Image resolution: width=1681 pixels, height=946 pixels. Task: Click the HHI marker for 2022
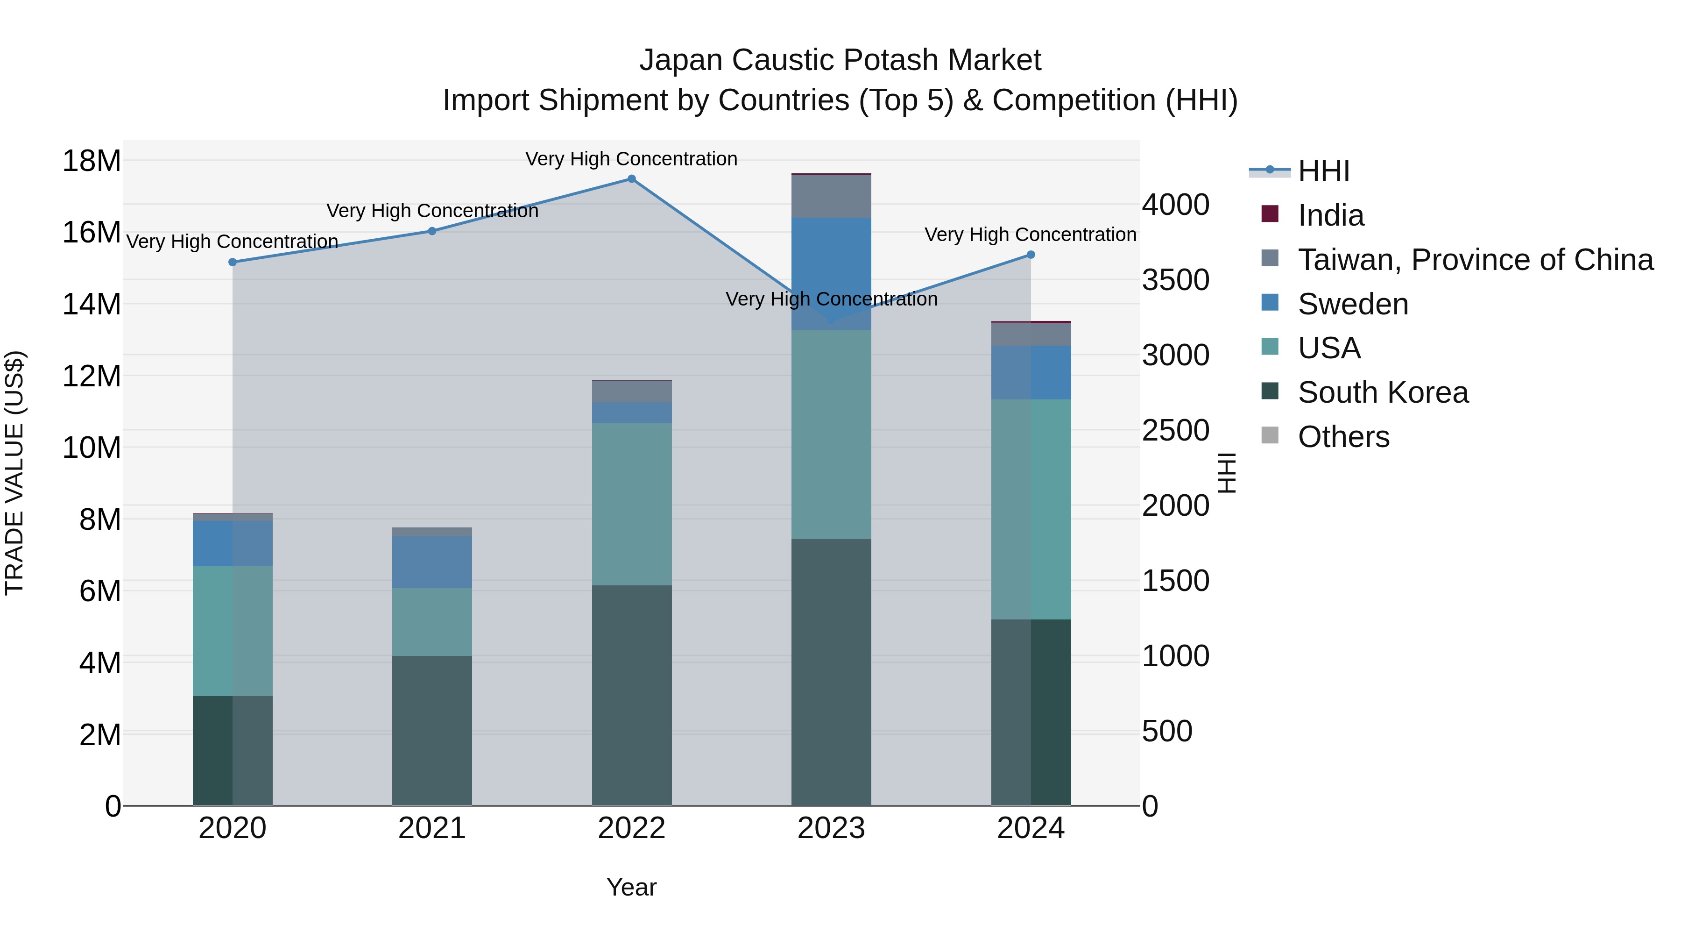[x=631, y=179]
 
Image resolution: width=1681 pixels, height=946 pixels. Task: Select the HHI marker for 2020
[x=233, y=262]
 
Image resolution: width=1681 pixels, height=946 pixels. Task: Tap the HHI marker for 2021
[x=432, y=231]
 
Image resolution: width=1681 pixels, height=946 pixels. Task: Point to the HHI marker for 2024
[x=1031, y=255]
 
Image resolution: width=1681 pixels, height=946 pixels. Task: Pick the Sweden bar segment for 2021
[x=432, y=562]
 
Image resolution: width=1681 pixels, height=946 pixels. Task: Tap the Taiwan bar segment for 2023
[x=831, y=196]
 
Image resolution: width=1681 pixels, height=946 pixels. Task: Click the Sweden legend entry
[x=1352, y=304]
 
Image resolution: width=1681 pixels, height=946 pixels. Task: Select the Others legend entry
[x=1343, y=437]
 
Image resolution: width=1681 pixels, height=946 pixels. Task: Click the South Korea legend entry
[x=1382, y=392]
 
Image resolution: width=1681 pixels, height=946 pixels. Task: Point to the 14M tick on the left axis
[x=92, y=304]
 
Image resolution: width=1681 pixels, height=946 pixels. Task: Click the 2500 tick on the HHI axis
[x=1175, y=430]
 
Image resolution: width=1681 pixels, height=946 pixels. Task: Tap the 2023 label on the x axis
[x=831, y=828]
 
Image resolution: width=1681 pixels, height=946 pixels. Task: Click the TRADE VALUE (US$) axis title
[x=14, y=473]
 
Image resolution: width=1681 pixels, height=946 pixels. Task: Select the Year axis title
[x=631, y=887]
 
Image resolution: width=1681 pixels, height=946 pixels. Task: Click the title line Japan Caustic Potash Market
[x=840, y=60]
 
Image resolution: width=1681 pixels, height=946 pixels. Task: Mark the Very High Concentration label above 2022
[x=631, y=159]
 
